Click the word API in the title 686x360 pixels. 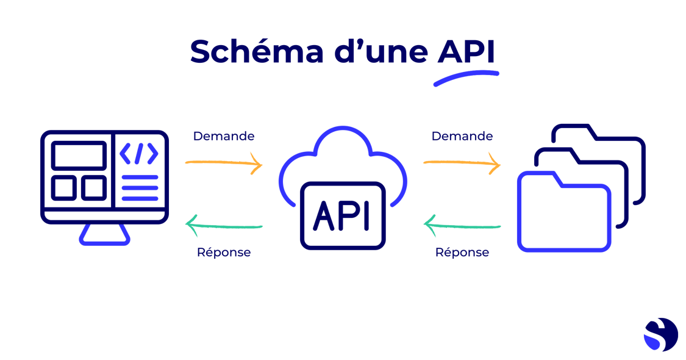point(466,52)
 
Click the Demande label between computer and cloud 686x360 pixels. point(224,135)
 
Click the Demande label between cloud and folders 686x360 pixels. point(462,135)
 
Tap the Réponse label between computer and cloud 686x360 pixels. point(224,252)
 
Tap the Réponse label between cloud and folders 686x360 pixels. point(462,252)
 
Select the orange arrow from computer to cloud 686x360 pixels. point(224,164)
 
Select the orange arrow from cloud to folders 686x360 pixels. point(462,164)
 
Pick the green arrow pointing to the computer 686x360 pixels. point(224,227)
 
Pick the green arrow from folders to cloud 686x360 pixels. point(462,227)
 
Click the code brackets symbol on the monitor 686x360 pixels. point(139,154)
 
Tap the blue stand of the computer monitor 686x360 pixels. point(104,235)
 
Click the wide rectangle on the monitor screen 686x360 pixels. point(78,155)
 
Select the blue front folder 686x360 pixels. point(563,214)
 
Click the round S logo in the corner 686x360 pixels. point(660,334)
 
